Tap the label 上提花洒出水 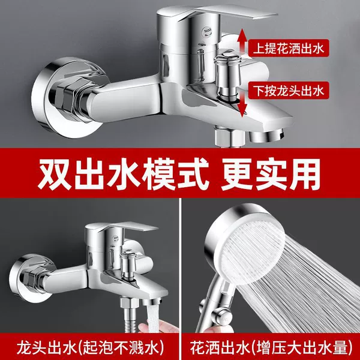[x=289, y=49]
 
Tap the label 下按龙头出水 [x=289, y=90]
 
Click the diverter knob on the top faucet [x=226, y=76]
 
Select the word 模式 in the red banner [x=169, y=173]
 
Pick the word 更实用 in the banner [x=271, y=173]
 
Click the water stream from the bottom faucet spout [x=152, y=316]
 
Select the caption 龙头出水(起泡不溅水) [x=90, y=347]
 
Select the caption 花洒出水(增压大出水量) [x=271, y=347]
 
